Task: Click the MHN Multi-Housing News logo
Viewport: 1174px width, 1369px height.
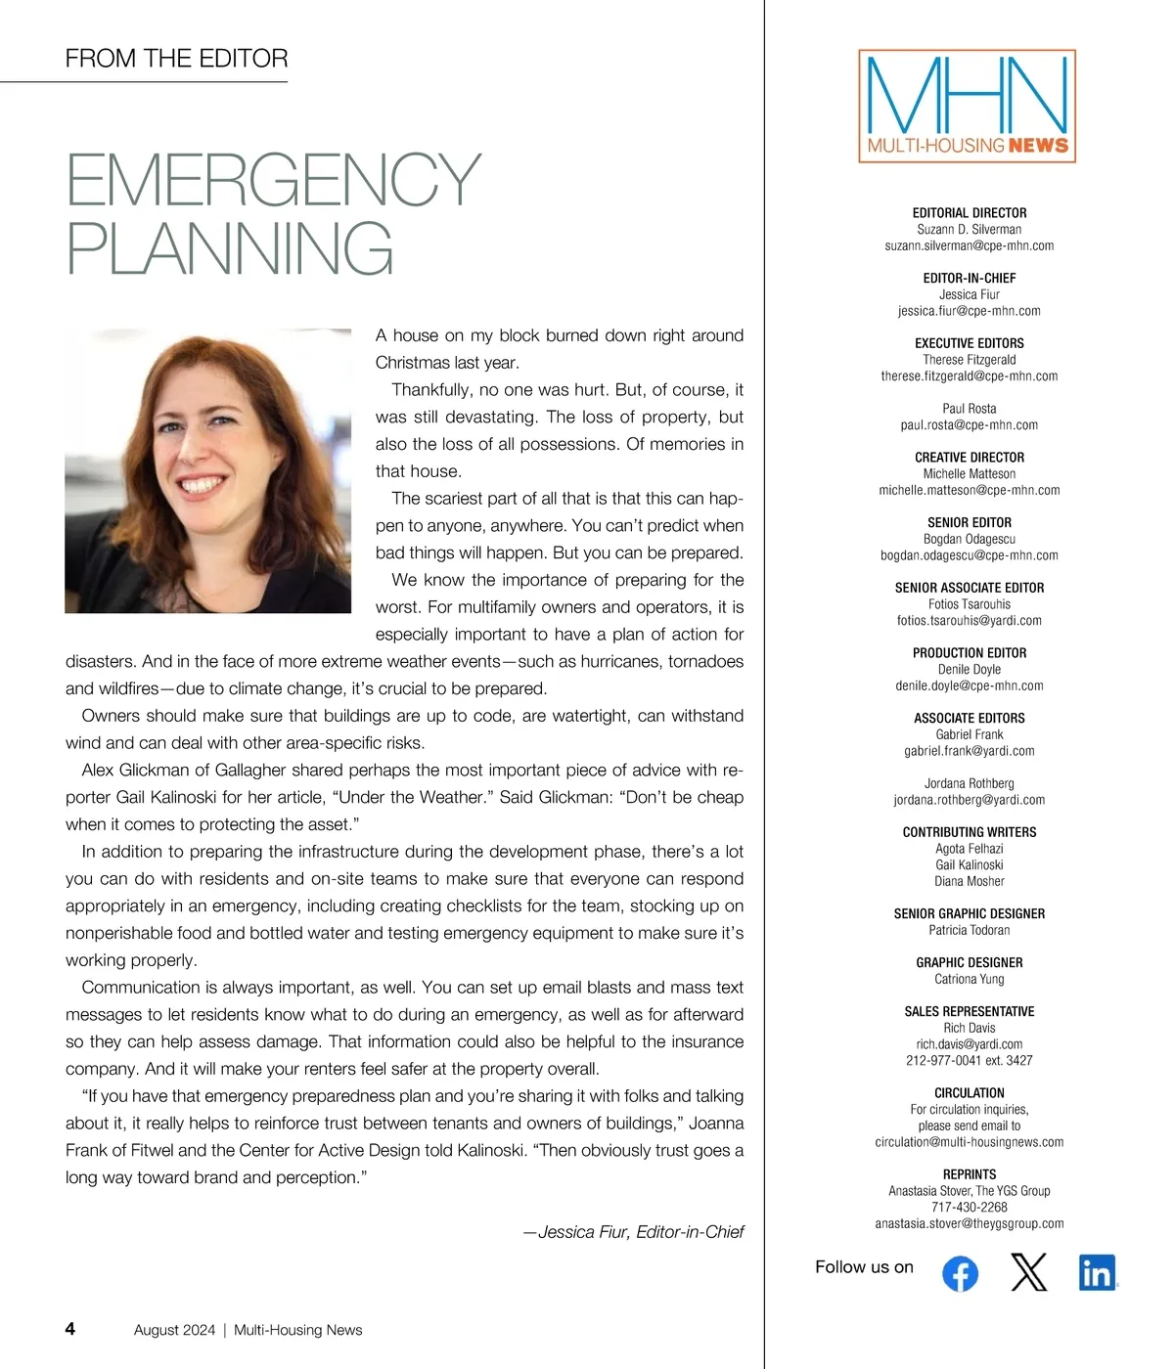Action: [967, 107]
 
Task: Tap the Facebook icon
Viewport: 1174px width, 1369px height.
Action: [960, 1273]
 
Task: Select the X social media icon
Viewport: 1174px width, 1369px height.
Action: [1028, 1272]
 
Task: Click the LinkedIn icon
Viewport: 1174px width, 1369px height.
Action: [1097, 1272]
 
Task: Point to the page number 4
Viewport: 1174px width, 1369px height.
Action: [70, 1329]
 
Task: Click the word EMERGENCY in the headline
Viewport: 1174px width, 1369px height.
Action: [273, 179]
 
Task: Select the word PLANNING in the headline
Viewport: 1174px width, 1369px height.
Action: [230, 248]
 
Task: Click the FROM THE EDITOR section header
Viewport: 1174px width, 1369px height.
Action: [176, 59]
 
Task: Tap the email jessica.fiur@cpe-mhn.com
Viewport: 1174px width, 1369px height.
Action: [969, 311]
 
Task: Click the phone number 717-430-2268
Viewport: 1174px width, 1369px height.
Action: [969, 1207]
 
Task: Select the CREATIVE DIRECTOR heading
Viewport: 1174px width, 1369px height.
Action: [969, 458]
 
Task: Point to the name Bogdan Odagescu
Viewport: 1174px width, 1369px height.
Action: [969, 539]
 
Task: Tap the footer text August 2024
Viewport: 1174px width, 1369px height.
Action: [174, 1330]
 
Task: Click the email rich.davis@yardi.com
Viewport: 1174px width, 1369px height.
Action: [969, 1044]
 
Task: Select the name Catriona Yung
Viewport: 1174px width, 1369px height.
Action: [969, 979]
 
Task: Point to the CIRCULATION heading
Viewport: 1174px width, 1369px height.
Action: [969, 1093]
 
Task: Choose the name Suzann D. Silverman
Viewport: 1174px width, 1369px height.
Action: [969, 229]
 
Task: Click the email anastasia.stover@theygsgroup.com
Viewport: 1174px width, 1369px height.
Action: [969, 1223]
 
